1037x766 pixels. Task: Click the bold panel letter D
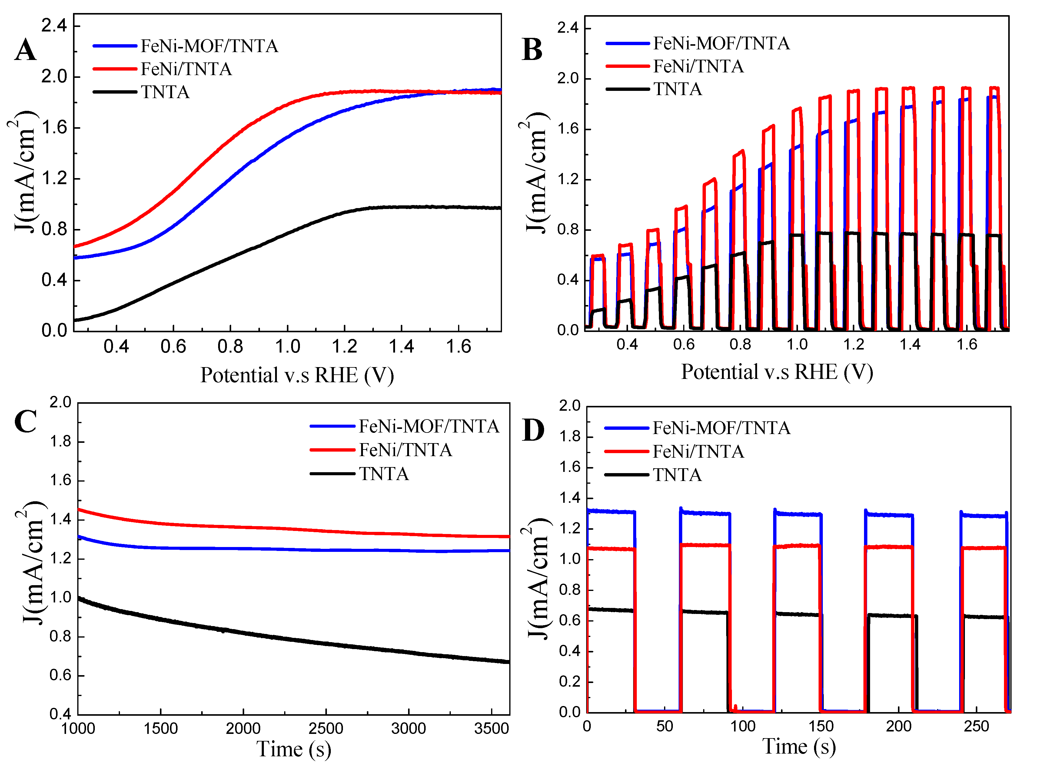click(x=533, y=430)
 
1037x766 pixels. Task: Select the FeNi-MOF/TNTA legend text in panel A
click(x=209, y=46)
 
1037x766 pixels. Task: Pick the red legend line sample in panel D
click(x=626, y=451)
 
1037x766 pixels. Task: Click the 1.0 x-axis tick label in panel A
click(x=288, y=347)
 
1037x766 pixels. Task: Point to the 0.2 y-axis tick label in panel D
click(x=570, y=681)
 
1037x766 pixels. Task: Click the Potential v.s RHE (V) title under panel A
click(x=297, y=375)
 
